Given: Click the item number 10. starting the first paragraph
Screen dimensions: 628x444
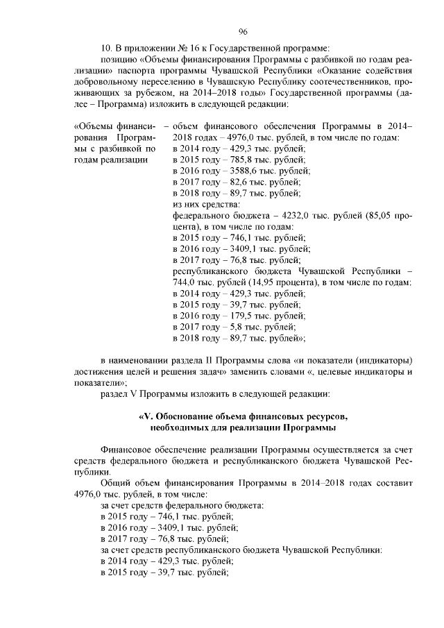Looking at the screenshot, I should (108, 48).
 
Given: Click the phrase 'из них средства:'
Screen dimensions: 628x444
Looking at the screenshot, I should (206, 204).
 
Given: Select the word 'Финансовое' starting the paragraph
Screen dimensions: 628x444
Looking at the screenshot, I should (126, 449).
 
